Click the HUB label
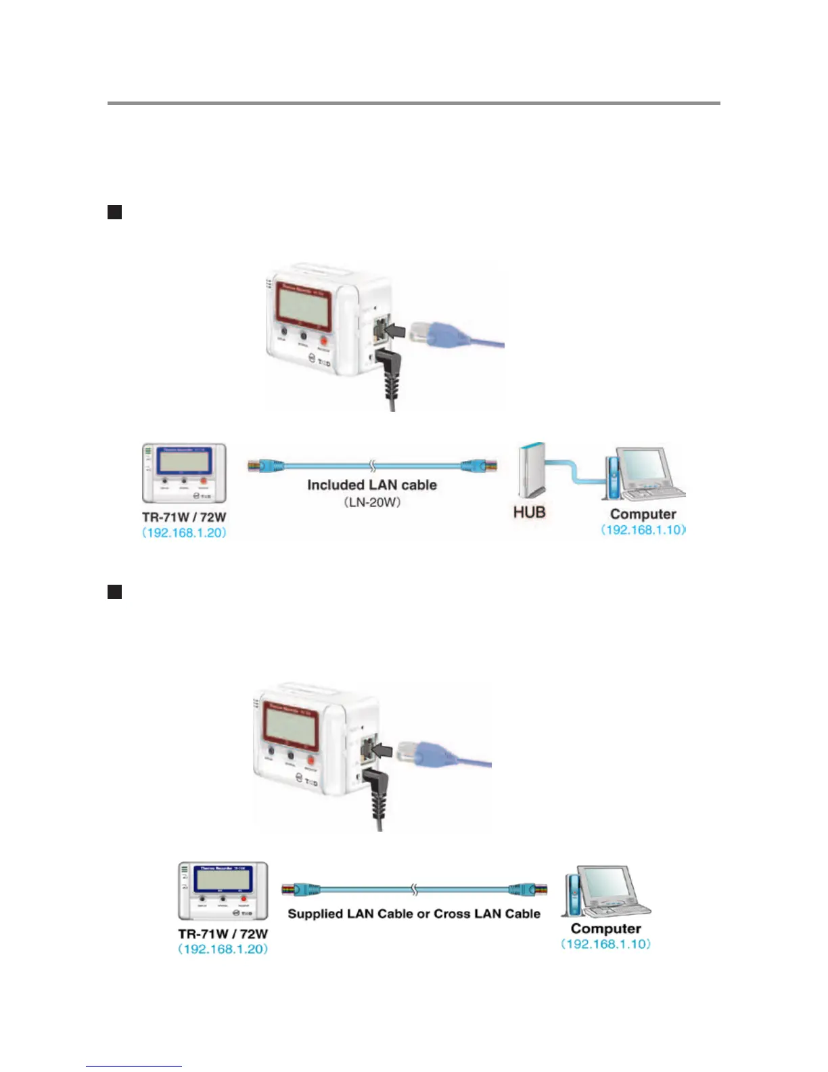529,512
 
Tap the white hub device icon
530,470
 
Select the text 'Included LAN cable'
372,485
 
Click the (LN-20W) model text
372,502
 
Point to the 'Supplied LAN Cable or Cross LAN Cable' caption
414,914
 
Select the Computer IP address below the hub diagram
643,530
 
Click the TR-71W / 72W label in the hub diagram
184,517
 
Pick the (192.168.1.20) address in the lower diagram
223,949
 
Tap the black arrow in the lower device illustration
382,750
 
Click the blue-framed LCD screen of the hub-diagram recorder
184,461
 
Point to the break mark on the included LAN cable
372,466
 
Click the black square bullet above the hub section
114,213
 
